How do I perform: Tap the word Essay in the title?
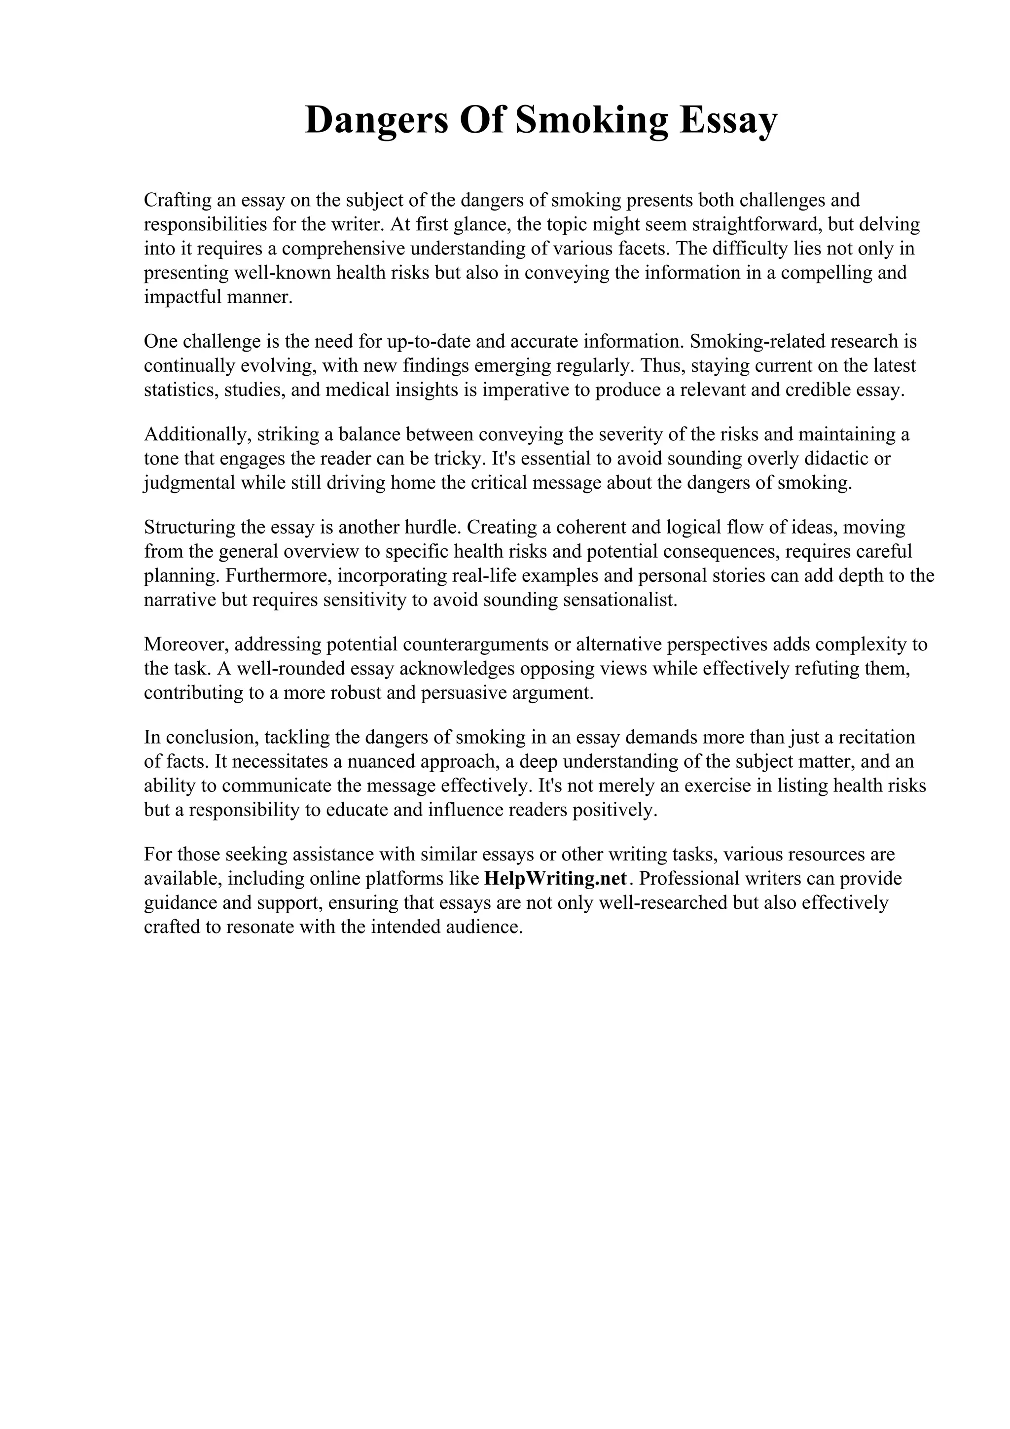click(728, 121)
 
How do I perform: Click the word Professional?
click(692, 879)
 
